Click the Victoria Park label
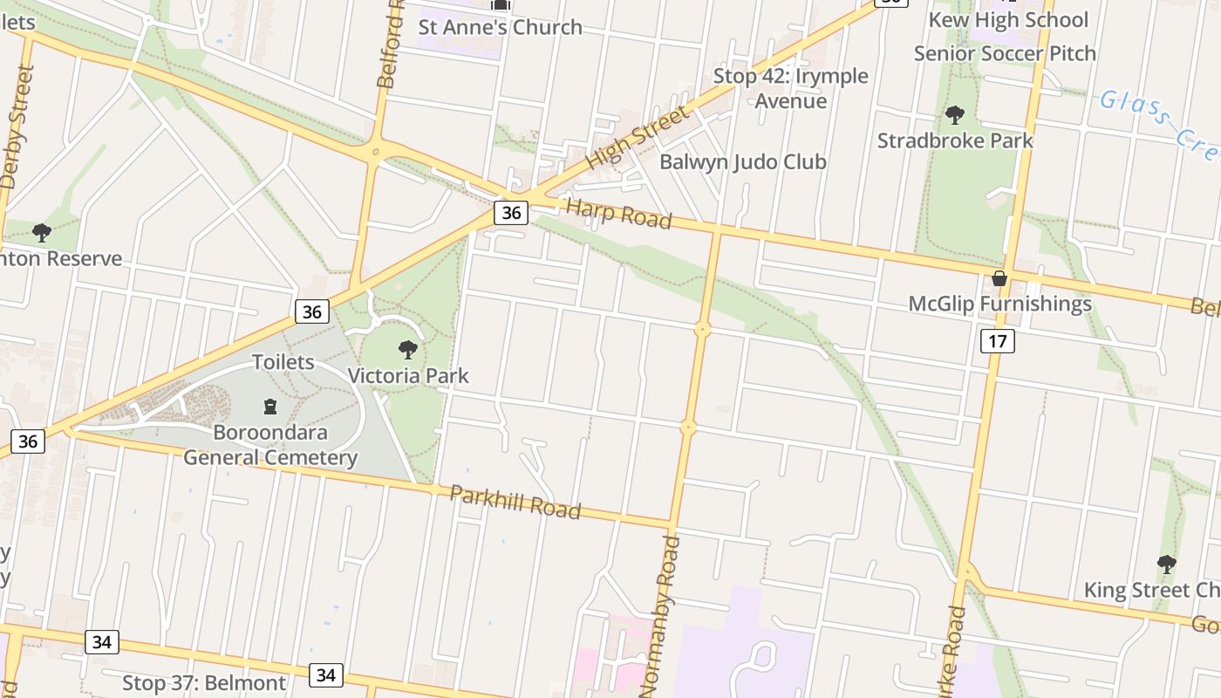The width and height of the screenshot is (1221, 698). coord(408,376)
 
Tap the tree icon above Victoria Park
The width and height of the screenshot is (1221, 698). coord(407,351)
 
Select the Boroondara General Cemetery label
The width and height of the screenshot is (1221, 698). coord(269,445)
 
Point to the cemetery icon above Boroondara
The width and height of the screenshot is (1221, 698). coord(270,407)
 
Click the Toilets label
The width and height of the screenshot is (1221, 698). coord(283,361)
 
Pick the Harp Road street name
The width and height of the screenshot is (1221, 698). coord(618,214)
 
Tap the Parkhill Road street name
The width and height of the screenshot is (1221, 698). coord(515,503)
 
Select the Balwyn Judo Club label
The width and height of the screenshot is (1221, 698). coord(742,161)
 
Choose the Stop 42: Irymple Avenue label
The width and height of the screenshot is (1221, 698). coord(790,88)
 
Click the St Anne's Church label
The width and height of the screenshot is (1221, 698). coord(500,27)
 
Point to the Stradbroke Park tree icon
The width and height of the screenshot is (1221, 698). coord(955,115)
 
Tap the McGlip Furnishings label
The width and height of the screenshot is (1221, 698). coord(999,304)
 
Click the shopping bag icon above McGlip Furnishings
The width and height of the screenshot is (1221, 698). coord(999,278)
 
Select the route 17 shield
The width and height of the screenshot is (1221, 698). coord(997,341)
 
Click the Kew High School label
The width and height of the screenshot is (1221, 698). coord(1007,20)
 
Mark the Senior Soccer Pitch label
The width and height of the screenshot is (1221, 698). coord(1004,53)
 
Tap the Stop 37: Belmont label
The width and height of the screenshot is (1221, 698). coord(204,682)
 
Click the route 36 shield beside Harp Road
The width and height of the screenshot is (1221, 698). coord(511,212)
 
